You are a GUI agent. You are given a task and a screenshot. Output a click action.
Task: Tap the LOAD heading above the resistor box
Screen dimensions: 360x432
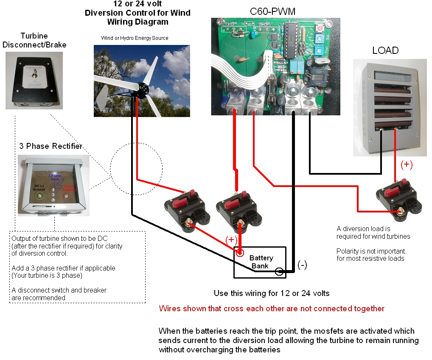pyautogui.click(x=385, y=50)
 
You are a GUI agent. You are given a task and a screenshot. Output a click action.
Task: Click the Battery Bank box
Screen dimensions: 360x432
pyautogui.click(x=261, y=262)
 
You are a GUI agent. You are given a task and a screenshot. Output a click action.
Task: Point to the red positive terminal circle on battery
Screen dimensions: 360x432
pyautogui.click(x=240, y=253)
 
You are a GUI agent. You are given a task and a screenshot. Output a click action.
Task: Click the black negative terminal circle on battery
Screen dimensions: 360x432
pyautogui.click(x=279, y=271)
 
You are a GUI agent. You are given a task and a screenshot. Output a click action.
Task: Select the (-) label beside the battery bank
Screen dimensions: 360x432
pyautogui.click(x=302, y=265)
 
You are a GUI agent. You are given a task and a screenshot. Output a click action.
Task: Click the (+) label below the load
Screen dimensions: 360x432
pyautogui.click(x=406, y=165)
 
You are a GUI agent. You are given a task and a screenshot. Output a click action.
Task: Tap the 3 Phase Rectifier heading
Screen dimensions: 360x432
pyautogui.click(x=50, y=146)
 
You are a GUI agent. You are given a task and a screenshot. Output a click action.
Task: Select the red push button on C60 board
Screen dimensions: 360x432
pyautogui.click(x=319, y=28)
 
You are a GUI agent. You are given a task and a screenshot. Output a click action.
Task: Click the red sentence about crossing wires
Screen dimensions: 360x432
pyautogui.click(x=272, y=309)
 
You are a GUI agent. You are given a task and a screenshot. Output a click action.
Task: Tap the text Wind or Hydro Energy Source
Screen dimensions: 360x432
pyautogui.click(x=135, y=38)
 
